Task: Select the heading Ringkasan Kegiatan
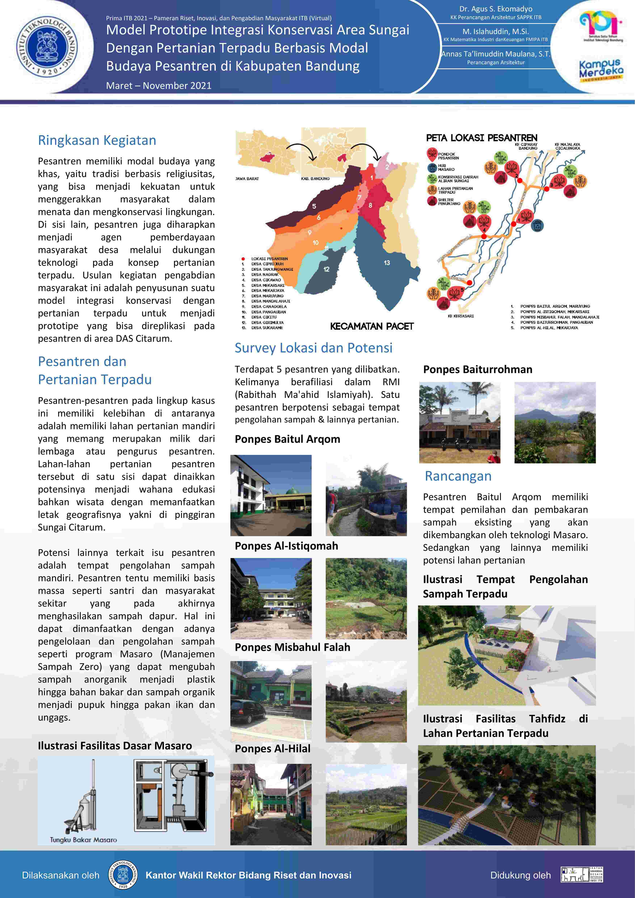point(97,140)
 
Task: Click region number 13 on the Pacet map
point(387,263)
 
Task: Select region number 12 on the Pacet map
point(326,269)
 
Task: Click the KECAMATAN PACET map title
point(371,326)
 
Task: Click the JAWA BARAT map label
point(247,179)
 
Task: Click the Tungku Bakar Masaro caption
point(83,840)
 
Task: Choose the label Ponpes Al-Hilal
point(273,749)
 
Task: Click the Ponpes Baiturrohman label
point(477,370)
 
